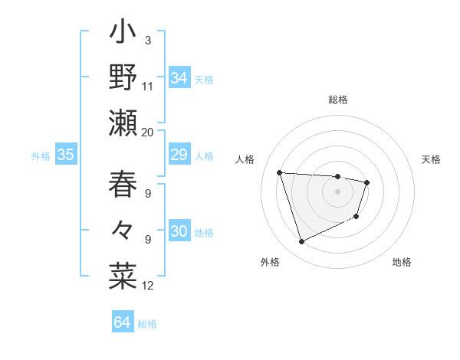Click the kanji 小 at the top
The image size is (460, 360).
click(123, 34)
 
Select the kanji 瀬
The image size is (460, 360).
click(123, 123)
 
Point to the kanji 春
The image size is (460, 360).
click(123, 185)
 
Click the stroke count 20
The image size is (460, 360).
click(147, 132)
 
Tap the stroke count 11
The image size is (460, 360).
click(148, 86)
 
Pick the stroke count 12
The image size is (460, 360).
click(148, 286)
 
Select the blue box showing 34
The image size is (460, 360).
click(179, 78)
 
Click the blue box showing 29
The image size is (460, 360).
click(179, 155)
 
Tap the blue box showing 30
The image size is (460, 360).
click(179, 232)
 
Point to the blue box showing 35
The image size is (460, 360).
click(66, 155)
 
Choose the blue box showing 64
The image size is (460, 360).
click(123, 322)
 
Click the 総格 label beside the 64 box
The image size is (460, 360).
click(147, 324)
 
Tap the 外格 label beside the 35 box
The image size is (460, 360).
click(41, 156)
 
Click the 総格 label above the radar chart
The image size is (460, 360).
click(338, 100)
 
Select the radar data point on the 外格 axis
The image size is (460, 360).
click(301, 242)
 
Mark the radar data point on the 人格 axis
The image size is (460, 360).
click(280, 172)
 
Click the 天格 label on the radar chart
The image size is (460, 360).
click(431, 159)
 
